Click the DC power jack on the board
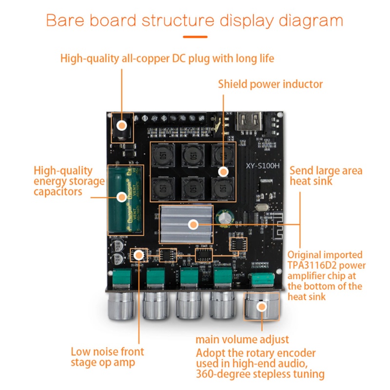tap(121, 127)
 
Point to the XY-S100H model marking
tap(263, 165)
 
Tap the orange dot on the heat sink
tap(193, 225)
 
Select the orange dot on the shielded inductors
tap(223, 172)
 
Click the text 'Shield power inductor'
tap(270, 84)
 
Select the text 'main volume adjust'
tap(242, 339)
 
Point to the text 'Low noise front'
tap(107, 351)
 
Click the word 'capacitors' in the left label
tap(58, 192)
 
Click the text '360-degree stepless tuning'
tap(260, 374)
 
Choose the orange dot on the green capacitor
tap(121, 197)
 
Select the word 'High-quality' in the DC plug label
tap(90, 59)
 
